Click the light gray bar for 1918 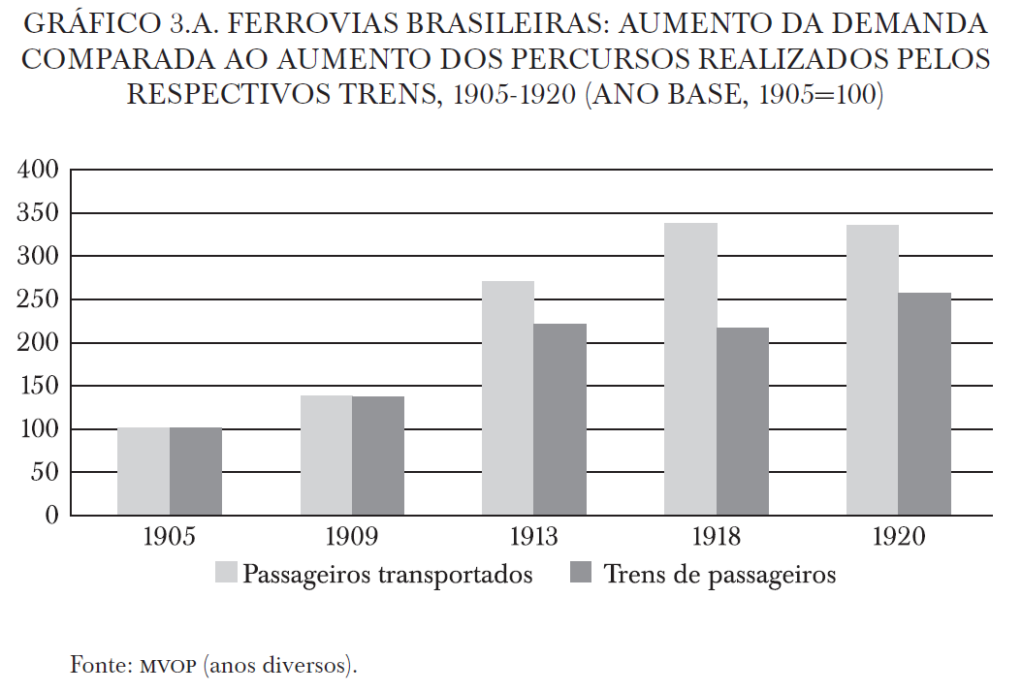pos(690,369)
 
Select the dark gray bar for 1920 pos(924,404)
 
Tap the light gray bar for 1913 pos(508,398)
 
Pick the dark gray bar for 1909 pos(378,456)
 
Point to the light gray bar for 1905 pos(144,472)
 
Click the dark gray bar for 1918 pos(743,422)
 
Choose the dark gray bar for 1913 pos(560,420)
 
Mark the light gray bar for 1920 pos(872,370)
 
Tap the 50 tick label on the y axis pos(47,472)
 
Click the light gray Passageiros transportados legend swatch pos(225,574)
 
